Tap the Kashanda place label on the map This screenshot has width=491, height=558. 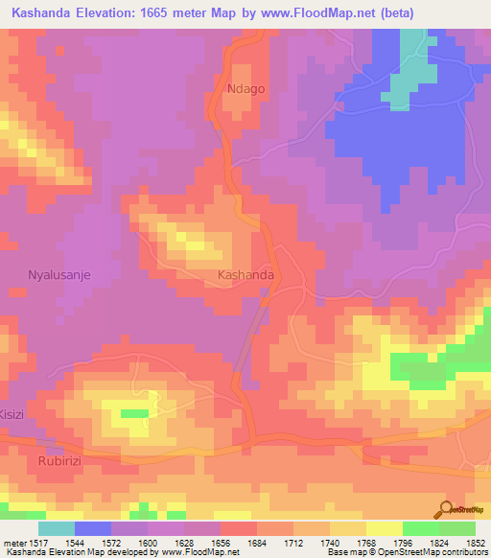click(246, 274)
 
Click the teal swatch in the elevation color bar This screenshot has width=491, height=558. click(57, 528)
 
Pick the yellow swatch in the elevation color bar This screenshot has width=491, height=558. click(385, 528)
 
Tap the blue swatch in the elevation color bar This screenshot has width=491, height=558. click(93, 528)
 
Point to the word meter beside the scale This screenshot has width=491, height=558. click(13, 542)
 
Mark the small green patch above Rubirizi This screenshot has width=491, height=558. click(134, 412)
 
